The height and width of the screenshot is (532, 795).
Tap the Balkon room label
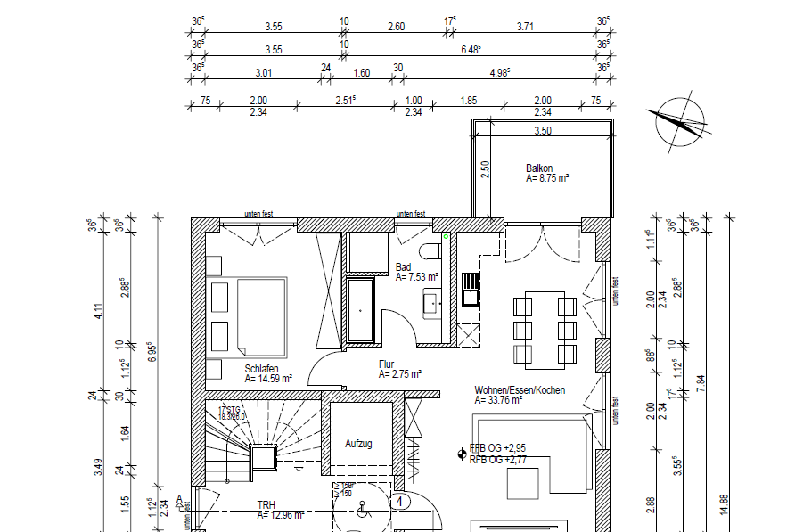click(x=539, y=168)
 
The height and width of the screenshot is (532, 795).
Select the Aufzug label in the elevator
click(x=358, y=443)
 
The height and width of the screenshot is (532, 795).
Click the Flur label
click(x=386, y=364)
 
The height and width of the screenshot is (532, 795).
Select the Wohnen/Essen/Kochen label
click(x=520, y=390)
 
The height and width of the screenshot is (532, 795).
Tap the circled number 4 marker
click(x=402, y=502)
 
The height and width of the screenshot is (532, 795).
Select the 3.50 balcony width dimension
click(x=542, y=131)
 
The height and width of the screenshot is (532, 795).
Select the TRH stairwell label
click(x=266, y=504)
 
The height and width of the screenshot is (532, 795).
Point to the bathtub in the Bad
click(x=362, y=309)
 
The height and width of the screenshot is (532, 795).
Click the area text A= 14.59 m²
click(x=271, y=378)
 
